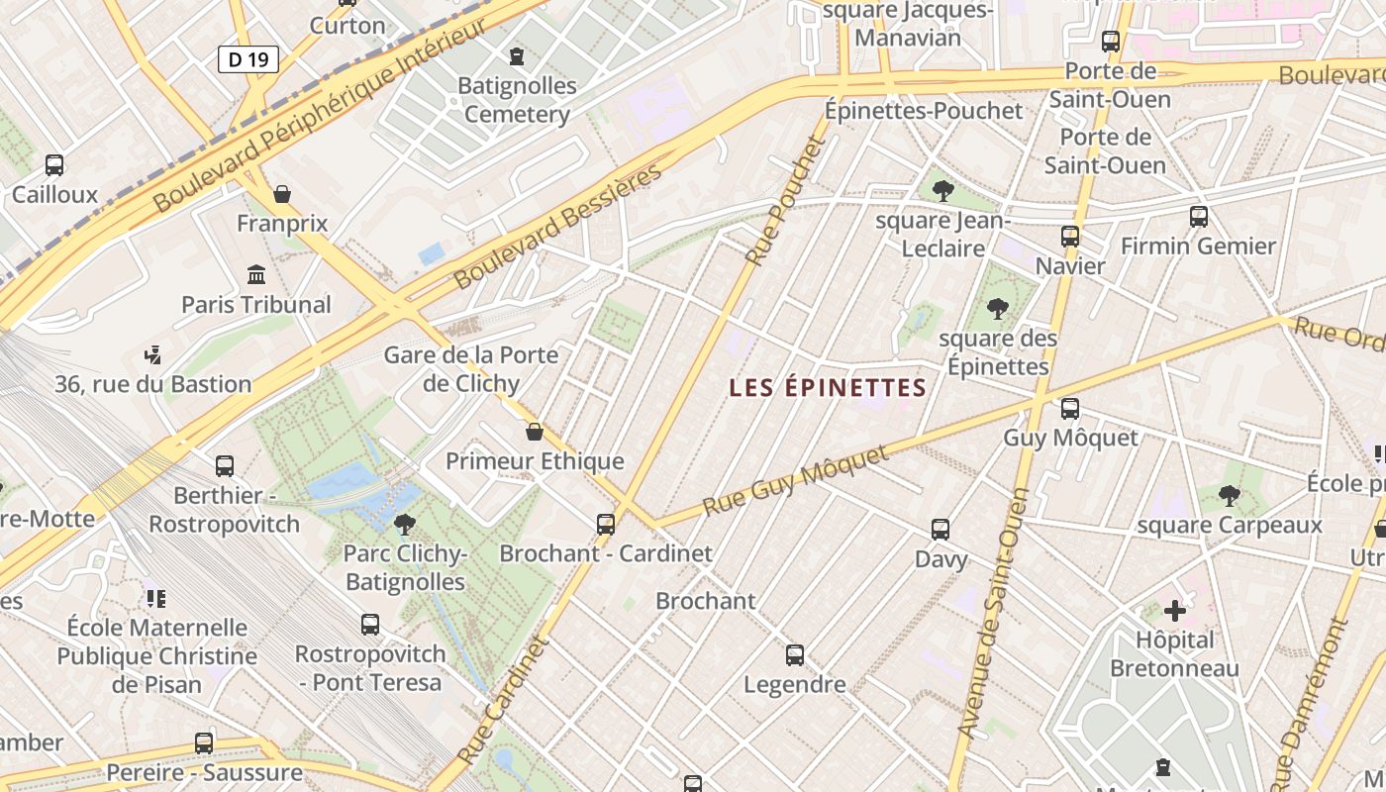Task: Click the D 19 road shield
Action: coord(247,59)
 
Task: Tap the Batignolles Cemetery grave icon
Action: coord(516,56)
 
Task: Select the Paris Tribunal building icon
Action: coord(256,274)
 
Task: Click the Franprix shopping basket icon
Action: coord(282,194)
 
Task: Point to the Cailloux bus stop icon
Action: coord(54,165)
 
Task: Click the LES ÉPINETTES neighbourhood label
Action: coord(827,388)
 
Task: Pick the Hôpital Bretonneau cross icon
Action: coord(1174,611)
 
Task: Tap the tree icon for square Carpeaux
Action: coord(1229,495)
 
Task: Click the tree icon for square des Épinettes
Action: coord(997,310)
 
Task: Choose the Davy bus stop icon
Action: coord(940,530)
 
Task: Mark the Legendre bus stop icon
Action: coord(794,654)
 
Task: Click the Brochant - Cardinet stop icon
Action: coord(605,524)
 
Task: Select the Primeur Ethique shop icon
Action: coord(535,432)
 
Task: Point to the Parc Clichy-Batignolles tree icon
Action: coord(404,524)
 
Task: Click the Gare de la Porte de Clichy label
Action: coord(471,368)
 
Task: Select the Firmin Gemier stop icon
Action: coord(1198,216)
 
